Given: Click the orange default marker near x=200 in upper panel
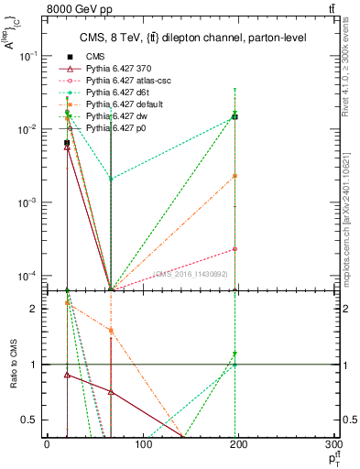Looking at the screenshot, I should pyautogui.click(x=235, y=176).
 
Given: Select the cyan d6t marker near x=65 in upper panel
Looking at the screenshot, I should pyautogui.click(x=111, y=179).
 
